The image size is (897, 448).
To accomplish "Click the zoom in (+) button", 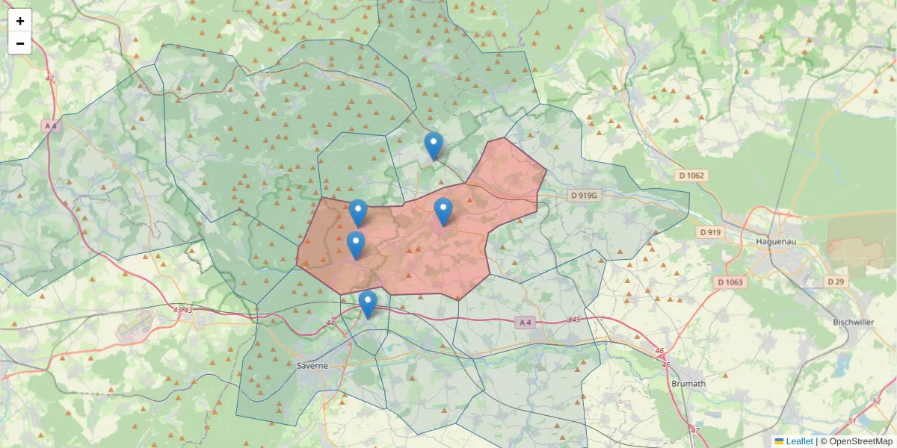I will coord(19,20).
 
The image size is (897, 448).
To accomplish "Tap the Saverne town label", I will coord(312,366).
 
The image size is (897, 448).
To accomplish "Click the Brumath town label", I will coord(688,383).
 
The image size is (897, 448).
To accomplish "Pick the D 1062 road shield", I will coord(691,175).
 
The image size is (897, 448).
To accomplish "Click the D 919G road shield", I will coord(585,196).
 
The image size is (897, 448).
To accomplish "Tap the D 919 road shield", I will coord(710,232).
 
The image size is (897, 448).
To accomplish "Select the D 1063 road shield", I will coord(730,282).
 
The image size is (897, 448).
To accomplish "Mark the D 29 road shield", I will coord(835,281).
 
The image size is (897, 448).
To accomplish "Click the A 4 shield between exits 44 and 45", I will coord(526,323).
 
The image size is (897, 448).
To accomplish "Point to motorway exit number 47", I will coord(695,430).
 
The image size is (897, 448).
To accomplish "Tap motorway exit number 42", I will coord(49,78).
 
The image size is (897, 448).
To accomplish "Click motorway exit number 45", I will coord(574,320).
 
